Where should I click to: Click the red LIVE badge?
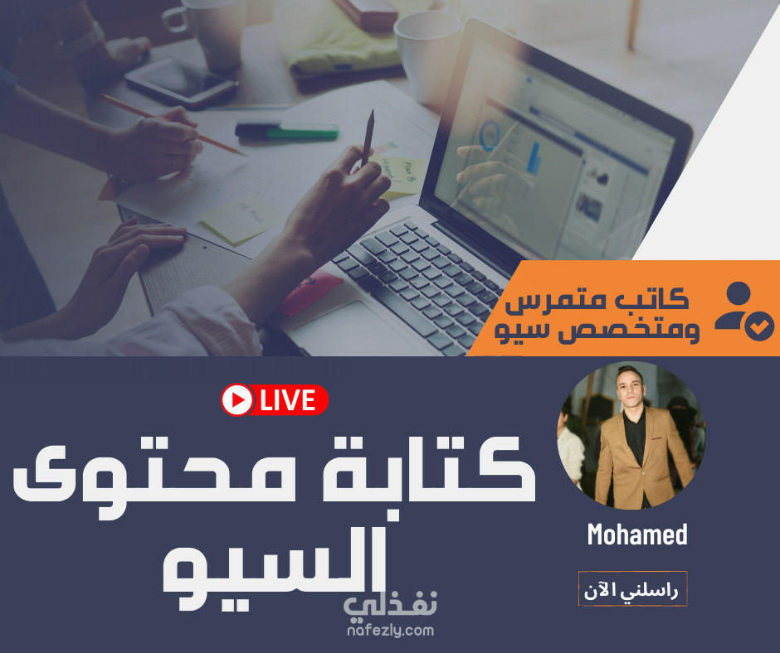coord(275,400)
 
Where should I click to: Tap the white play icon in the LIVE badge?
coord(237,399)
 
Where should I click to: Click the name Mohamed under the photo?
coord(637,534)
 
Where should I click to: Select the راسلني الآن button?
coord(632,589)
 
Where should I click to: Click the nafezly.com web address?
coord(391,631)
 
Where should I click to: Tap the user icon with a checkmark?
coord(744,311)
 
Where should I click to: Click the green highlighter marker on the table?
coord(286,131)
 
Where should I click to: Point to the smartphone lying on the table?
coord(181,83)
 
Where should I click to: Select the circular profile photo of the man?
coord(631,436)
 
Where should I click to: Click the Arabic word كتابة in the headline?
coord(429,470)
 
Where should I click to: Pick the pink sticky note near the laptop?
coord(311,293)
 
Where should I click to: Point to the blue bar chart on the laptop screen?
coord(534,157)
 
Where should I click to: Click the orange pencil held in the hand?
coord(172,124)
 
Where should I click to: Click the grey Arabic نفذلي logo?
coord(391,605)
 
